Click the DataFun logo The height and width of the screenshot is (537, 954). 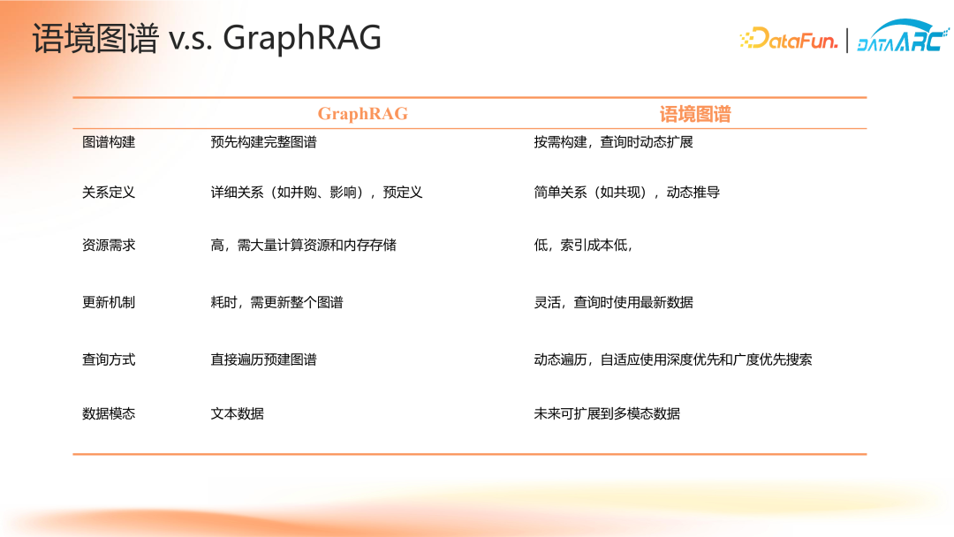(789, 40)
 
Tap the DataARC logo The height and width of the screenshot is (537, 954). (903, 36)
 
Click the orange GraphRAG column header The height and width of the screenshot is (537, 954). (363, 114)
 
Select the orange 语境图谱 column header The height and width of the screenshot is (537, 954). (695, 114)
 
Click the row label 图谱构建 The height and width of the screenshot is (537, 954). (109, 142)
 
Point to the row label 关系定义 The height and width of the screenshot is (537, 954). (109, 193)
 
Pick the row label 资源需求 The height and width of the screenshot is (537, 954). (109, 245)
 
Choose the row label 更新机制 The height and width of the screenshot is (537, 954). (109, 302)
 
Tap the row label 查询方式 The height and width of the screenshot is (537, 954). (109, 359)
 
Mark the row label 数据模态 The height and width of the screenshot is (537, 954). (109, 413)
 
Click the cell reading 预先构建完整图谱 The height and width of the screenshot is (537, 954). (263, 142)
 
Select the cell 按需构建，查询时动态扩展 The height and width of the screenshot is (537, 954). (613, 142)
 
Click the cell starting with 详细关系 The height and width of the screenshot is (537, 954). (316, 193)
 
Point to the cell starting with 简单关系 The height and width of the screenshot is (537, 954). (626, 193)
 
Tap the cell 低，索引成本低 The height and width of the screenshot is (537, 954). (583, 245)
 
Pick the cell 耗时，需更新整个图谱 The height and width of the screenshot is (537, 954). (276, 302)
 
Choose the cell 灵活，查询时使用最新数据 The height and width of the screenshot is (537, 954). (613, 302)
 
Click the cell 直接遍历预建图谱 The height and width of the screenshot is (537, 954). (263, 359)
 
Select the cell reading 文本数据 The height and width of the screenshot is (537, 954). (238, 413)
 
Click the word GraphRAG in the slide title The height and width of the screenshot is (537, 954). (302, 38)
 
